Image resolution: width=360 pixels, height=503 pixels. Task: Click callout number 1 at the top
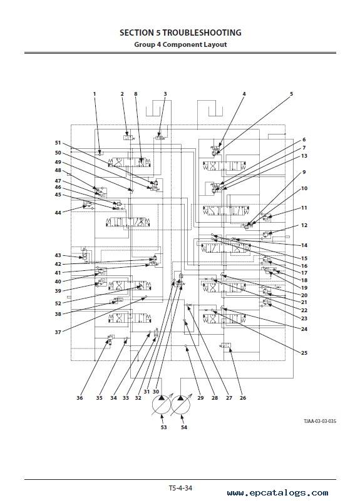point(95,94)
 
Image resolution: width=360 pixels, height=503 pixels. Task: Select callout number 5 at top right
point(292,94)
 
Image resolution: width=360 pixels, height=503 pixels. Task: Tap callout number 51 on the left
point(58,143)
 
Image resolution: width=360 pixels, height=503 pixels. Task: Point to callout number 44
point(58,212)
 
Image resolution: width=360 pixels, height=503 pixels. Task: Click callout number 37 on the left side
point(58,332)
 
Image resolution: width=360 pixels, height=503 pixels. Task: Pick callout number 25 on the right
point(304,353)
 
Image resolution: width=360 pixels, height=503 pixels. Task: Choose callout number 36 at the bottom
point(80,398)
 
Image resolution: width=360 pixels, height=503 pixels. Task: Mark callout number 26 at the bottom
point(243,398)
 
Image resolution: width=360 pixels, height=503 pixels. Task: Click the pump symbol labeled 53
point(161,405)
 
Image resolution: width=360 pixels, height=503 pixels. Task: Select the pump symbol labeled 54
point(180,405)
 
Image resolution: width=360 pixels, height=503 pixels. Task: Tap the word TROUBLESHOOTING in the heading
point(202,33)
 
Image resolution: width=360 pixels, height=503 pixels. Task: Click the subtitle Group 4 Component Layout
point(180,44)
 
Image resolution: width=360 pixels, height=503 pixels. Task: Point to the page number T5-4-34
point(180,488)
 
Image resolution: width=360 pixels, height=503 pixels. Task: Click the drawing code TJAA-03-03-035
point(320,421)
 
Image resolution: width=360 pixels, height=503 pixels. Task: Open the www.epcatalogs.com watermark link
point(278,493)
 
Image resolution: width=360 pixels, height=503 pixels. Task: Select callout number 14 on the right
point(304,245)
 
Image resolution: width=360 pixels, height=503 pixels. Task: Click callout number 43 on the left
point(58,255)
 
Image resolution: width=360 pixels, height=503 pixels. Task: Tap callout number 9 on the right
point(304,172)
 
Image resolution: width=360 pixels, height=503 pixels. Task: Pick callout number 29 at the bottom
point(200,398)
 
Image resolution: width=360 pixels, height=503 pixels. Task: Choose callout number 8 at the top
point(135,94)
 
